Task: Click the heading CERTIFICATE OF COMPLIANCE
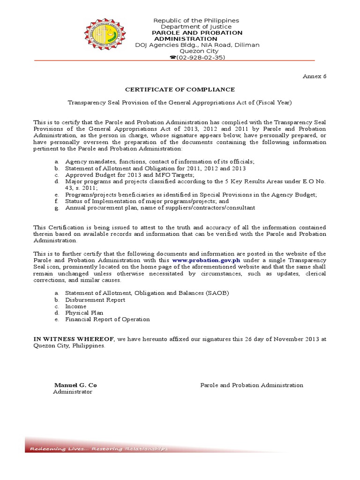[180, 90]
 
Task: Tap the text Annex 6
[315, 77]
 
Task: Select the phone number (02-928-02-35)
[197, 57]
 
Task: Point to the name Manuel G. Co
[75, 385]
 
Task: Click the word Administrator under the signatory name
[73, 392]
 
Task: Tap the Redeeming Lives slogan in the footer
[98, 449]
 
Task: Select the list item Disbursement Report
[95, 300]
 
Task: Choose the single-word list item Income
[76, 307]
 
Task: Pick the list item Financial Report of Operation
[107, 319]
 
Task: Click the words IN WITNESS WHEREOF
[73, 338]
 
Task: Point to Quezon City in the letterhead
[197, 51]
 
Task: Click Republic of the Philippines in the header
[197, 21]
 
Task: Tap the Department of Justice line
[197, 27]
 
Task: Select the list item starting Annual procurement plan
[160, 208]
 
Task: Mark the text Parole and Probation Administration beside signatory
[252, 385]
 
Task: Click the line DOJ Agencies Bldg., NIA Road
[197, 45]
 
